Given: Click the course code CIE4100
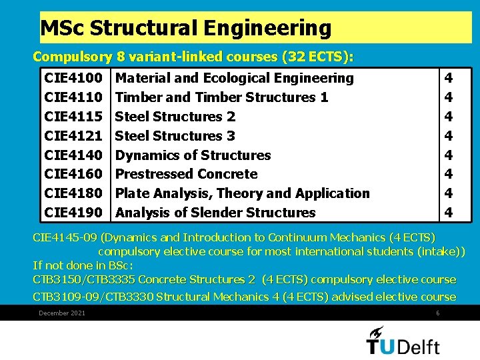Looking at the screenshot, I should tap(73, 78).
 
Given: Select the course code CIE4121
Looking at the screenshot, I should tap(73, 136).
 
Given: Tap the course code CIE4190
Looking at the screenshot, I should tap(73, 213).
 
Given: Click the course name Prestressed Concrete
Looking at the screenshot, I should tap(186, 174).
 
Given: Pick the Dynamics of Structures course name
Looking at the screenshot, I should tap(193, 155).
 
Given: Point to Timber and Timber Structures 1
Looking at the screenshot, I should tap(221, 97).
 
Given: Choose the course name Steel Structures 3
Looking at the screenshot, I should tap(175, 136).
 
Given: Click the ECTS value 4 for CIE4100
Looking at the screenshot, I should tap(448, 78).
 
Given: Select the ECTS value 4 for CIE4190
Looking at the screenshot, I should tap(448, 213).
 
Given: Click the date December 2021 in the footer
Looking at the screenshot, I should tap(62, 313).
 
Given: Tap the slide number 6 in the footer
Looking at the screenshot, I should tap(437, 313).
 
